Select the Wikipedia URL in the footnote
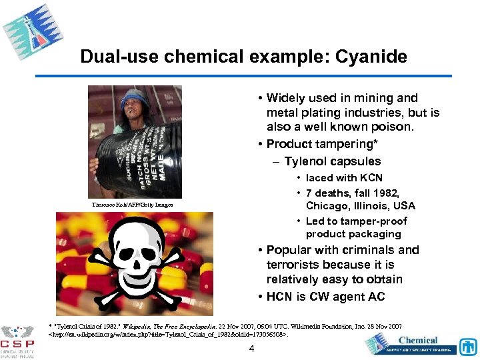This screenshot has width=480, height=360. tap(170, 334)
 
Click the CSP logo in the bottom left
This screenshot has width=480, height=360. tap(17, 340)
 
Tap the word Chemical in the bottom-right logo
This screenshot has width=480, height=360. tap(418, 340)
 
